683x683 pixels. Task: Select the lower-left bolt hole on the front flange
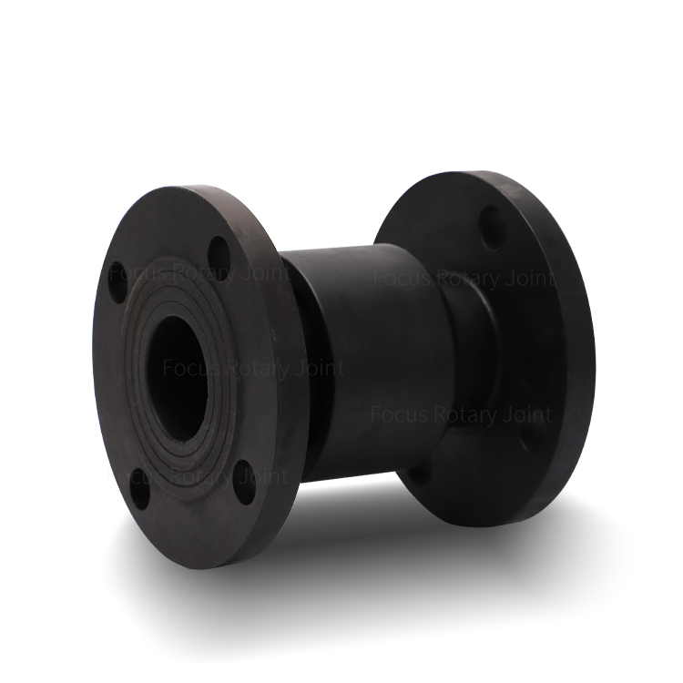pyautogui.click(x=139, y=489)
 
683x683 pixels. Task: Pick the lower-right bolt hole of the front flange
pyautogui.click(x=245, y=482)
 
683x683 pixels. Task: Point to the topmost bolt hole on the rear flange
pyautogui.click(x=492, y=229)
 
